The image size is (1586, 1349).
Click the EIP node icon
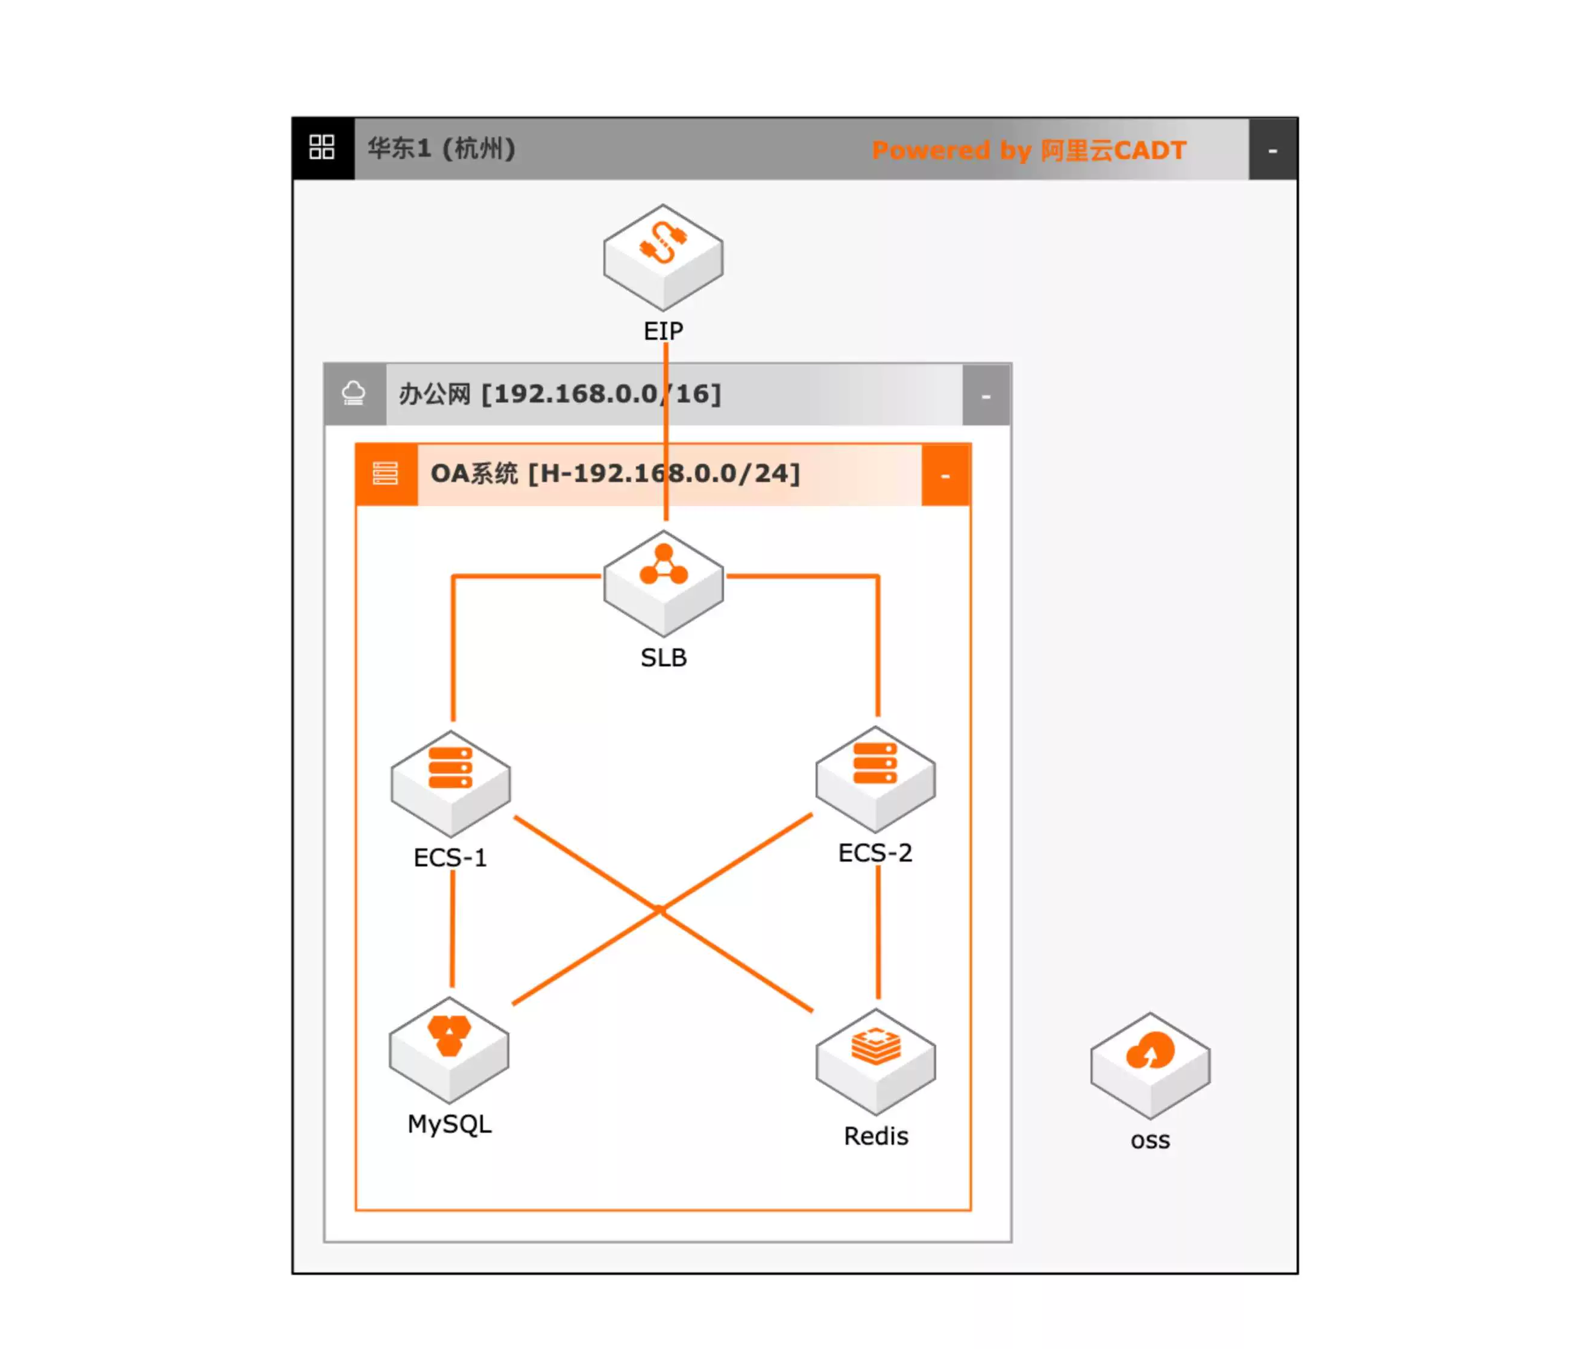pyautogui.click(x=662, y=256)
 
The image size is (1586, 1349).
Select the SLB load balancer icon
pyautogui.click(x=662, y=582)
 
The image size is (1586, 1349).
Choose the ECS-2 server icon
pyautogui.click(x=875, y=778)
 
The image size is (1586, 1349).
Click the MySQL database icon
pyautogui.click(x=448, y=1048)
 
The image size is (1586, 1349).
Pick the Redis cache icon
pyautogui.click(x=875, y=1060)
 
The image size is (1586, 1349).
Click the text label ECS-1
pyautogui.click(x=450, y=857)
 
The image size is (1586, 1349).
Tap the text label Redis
pyautogui.click(x=875, y=1136)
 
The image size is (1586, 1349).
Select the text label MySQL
pyautogui.click(x=449, y=1124)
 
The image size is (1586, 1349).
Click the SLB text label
pyautogui.click(x=663, y=658)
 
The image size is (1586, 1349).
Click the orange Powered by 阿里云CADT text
pyautogui.click(x=1028, y=150)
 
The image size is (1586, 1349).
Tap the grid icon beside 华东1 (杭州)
pyautogui.click(x=321, y=147)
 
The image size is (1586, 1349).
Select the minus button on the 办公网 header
pyautogui.click(x=986, y=395)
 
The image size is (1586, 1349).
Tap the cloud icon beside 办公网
pyautogui.click(x=353, y=394)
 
